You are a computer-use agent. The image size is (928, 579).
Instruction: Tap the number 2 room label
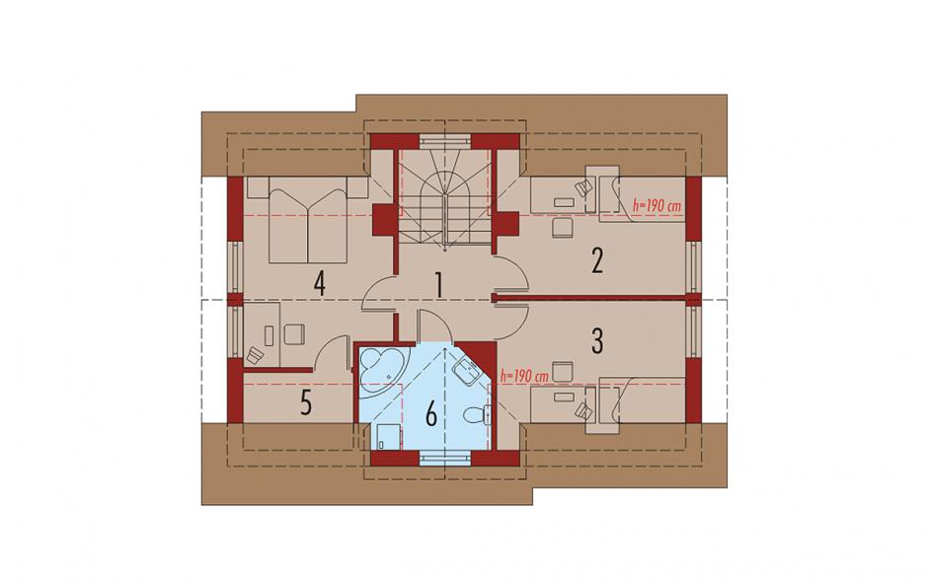(x=597, y=260)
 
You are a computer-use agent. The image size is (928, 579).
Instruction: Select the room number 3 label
(x=597, y=339)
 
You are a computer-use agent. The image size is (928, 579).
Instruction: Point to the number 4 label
(x=319, y=284)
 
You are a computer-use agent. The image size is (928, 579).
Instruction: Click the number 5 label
(x=305, y=404)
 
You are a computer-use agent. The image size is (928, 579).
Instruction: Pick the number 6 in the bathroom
(x=430, y=413)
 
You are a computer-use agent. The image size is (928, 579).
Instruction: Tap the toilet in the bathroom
(x=478, y=415)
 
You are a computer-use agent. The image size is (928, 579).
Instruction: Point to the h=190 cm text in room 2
(x=657, y=206)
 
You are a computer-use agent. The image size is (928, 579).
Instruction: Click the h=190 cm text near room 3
(x=525, y=376)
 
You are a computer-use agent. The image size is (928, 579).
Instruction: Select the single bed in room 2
(x=643, y=199)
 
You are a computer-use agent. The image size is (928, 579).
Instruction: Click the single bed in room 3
(x=643, y=401)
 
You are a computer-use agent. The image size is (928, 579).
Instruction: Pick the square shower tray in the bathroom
(x=387, y=437)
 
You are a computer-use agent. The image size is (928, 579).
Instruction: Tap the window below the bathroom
(x=444, y=457)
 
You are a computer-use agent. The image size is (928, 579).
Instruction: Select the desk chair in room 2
(x=563, y=227)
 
